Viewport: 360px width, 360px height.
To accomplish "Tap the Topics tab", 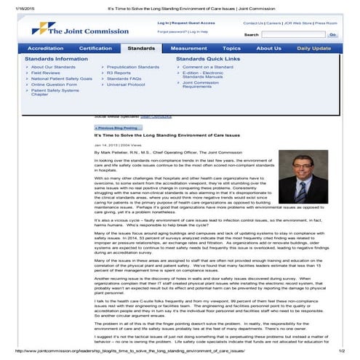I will (x=231, y=48).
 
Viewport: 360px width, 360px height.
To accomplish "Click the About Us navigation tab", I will (x=268, y=48).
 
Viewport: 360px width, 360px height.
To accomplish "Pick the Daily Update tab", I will (x=314, y=48).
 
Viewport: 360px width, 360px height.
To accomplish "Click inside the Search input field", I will (x=292, y=34).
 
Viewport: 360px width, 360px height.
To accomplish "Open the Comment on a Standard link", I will (x=208, y=67).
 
